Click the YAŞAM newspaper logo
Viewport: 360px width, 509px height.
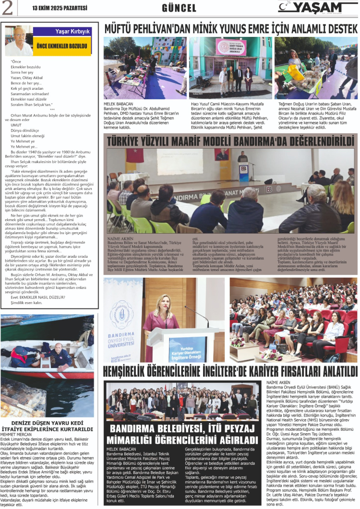317,7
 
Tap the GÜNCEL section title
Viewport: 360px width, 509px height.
179,8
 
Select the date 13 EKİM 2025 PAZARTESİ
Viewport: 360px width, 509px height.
53,8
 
